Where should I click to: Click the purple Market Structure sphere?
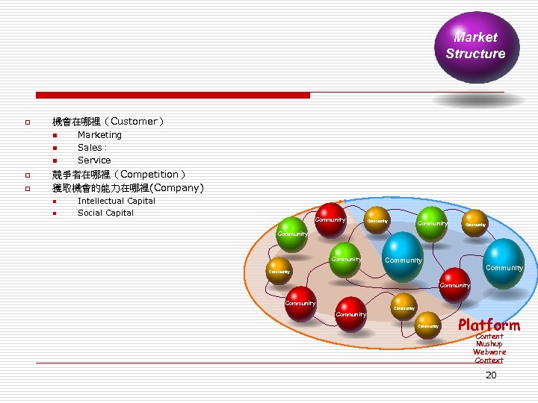point(475,46)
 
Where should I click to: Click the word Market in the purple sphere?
point(475,37)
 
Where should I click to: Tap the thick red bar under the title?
point(173,95)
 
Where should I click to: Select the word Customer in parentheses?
point(134,121)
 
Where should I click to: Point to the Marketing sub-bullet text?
point(99,135)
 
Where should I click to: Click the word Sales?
point(90,148)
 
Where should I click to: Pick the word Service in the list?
point(94,160)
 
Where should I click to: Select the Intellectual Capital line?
point(117,201)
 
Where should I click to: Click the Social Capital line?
point(105,213)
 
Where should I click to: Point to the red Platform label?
point(489,325)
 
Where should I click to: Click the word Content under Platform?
point(489,337)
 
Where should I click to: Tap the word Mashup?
point(489,344)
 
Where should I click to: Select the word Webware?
point(489,352)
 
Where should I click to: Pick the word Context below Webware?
point(489,360)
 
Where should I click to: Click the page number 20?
point(491,375)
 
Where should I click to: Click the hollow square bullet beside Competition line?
point(25,175)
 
